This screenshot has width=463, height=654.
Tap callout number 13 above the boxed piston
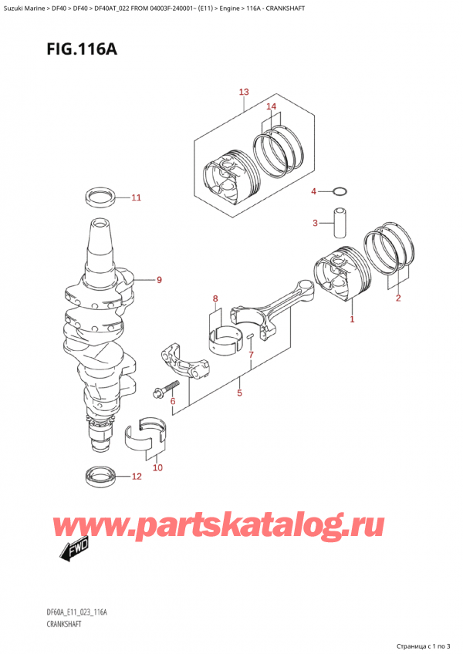click(x=244, y=93)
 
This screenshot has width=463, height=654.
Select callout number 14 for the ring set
click(x=271, y=106)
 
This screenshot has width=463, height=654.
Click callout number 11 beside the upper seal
click(x=136, y=198)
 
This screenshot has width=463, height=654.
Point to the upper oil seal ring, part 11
click(x=100, y=197)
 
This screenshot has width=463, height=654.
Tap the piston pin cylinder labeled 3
click(x=338, y=224)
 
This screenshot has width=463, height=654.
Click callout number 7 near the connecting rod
click(x=250, y=355)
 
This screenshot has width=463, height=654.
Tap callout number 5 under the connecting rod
click(x=240, y=393)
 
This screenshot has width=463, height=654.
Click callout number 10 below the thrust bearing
click(x=157, y=467)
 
